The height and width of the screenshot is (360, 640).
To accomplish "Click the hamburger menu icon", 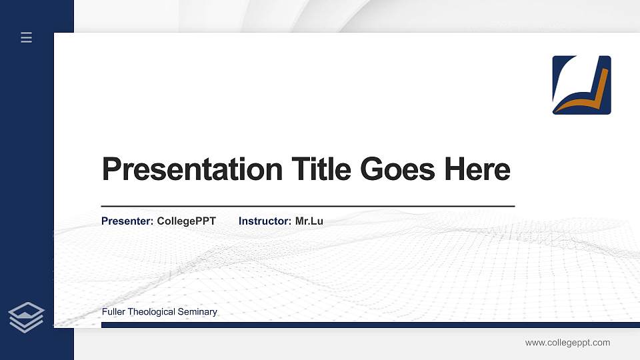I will [x=26, y=38].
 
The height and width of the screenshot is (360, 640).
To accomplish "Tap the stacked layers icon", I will [x=26, y=317].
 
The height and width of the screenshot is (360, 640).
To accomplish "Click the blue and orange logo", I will [x=581, y=85].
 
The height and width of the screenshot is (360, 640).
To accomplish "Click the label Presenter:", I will [x=127, y=221].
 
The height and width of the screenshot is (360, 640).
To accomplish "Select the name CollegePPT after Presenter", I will [x=186, y=221].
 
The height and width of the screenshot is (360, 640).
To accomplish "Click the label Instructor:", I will [x=265, y=221].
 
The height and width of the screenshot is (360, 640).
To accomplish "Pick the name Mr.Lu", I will [x=309, y=221].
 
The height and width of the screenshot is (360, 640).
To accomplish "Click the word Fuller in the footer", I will [x=113, y=312].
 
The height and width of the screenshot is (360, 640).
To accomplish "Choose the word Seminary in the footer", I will [x=199, y=312].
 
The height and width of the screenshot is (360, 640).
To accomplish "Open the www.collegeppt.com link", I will [x=567, y=343].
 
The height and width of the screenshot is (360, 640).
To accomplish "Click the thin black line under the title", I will [x=307, y=207].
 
